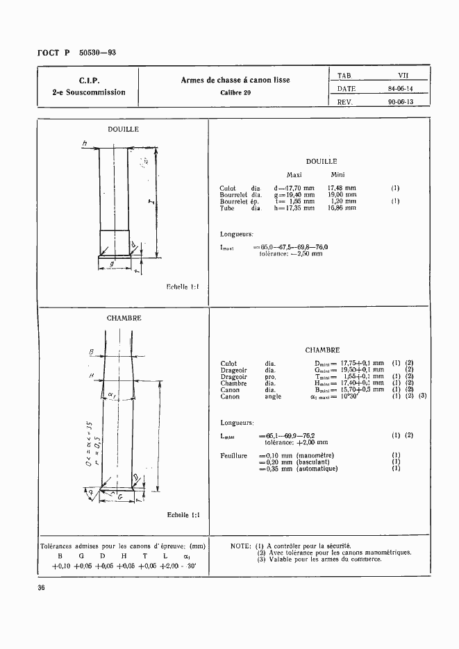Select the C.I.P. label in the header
tap(88, 80)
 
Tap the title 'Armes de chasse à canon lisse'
tap(235, 80)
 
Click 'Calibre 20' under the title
tap(235, 92)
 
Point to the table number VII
tap(403, 75)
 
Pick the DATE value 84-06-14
tap(401, 88)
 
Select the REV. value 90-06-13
tap(401, 101)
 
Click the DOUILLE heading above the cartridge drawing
tap(123, 129)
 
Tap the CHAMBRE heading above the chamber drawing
tap(124, 318)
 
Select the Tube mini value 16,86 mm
tap(342, 208)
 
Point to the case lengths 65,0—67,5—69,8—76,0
tap(294, 247)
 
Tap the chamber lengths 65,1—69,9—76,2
tap(286, 435)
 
